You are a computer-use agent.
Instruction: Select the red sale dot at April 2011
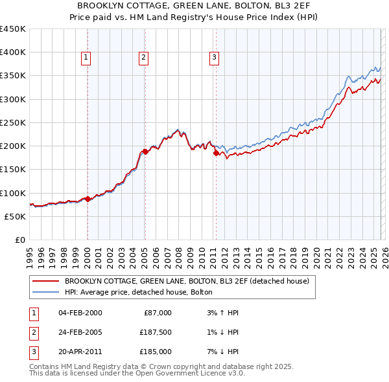(216, 153)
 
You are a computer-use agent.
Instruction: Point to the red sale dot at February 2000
(88, 199)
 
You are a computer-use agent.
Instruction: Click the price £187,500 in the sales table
(155, 332)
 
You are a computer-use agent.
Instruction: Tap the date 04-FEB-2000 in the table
(80, 313)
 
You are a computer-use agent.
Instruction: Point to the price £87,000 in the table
(158, 313)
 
